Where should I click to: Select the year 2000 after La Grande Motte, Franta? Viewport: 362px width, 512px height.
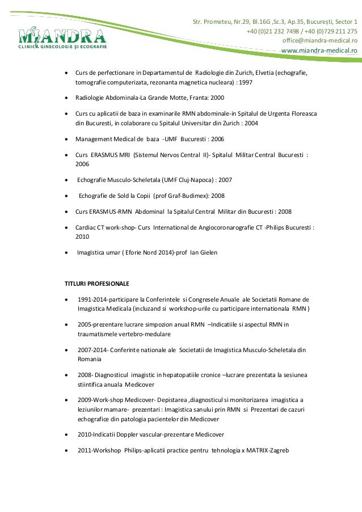217,98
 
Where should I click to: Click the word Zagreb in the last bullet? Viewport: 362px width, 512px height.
277,450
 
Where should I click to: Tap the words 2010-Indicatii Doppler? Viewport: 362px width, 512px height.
110,434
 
